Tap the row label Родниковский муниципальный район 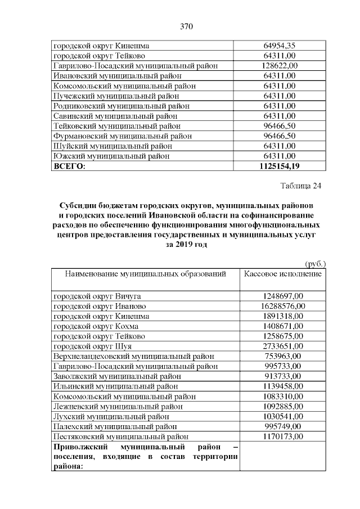coord(121,106)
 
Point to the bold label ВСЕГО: coord(69,166)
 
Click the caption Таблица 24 coord(300,186)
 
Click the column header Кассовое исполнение coord(283,274)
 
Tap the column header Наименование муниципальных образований coord(146,274)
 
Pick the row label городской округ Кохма coord(96,326)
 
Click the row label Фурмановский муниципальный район coord(123,136)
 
